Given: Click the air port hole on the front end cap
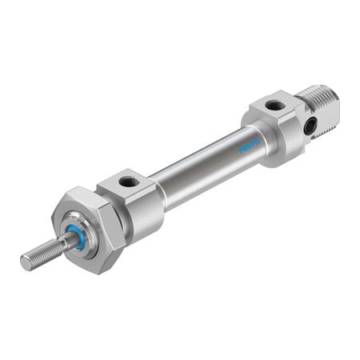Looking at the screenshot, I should click(128, 182).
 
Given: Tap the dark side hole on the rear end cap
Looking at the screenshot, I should click(310, 124).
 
